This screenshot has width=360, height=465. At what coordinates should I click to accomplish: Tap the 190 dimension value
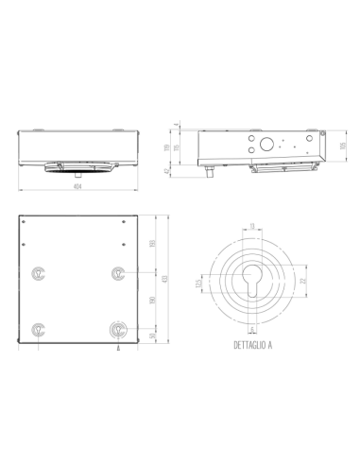(153, 301)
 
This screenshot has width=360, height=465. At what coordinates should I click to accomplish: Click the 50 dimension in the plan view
(153, 336)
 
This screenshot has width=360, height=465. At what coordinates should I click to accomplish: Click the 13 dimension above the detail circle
(250, 225)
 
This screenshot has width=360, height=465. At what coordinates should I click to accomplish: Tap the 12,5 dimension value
(198, 284)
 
